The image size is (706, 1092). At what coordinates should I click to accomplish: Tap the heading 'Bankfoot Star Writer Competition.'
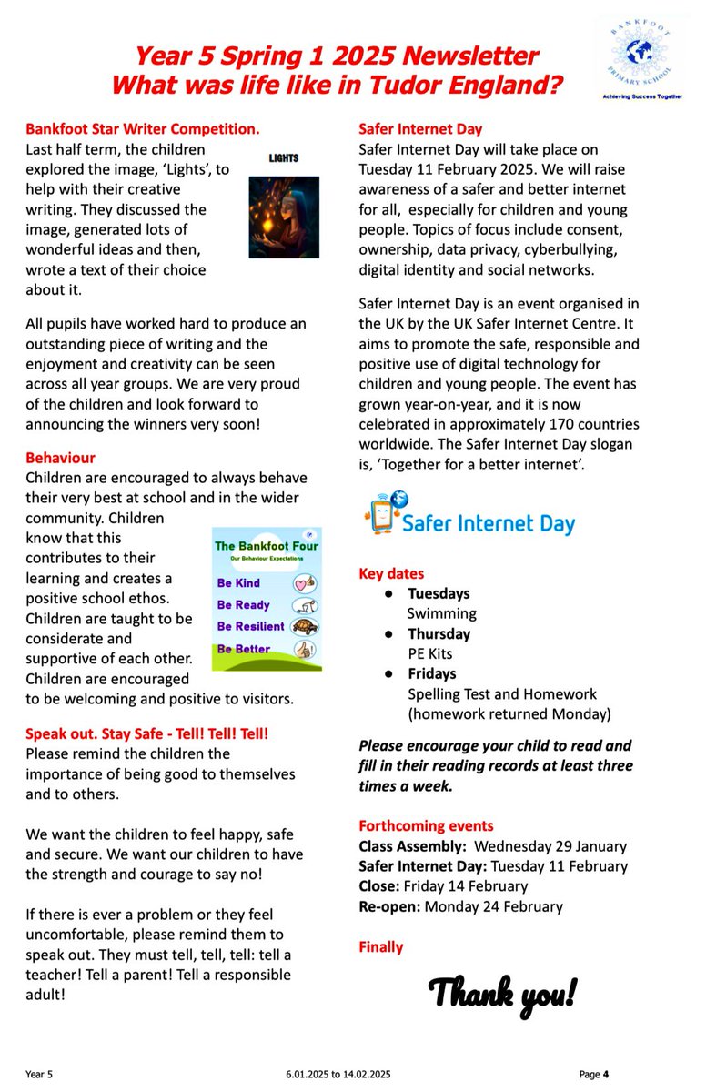coord(143,128)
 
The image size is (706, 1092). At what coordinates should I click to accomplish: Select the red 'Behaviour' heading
coord(60,458)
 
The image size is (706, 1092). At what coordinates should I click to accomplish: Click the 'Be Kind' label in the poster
coord(238,583)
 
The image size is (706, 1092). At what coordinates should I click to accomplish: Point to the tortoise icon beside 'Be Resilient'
coord(303,627)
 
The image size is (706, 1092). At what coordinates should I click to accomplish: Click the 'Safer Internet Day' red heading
coord(421,128)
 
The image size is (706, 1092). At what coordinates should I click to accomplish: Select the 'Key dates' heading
coord(392,574)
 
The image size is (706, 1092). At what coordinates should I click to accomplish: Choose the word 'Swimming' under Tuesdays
coord(441,614)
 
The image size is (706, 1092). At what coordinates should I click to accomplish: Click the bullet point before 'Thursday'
coord(388,634)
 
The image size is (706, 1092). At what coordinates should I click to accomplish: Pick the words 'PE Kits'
coord(429,654)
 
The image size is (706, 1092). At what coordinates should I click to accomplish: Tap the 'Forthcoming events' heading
coord(426,826)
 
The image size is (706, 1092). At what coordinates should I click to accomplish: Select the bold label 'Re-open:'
coord(389,906)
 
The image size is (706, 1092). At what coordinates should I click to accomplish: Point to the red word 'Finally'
coord(381,947)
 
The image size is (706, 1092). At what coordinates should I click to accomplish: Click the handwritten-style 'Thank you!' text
coord(502,993)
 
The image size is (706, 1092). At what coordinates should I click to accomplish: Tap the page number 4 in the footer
coord(605,1075)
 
